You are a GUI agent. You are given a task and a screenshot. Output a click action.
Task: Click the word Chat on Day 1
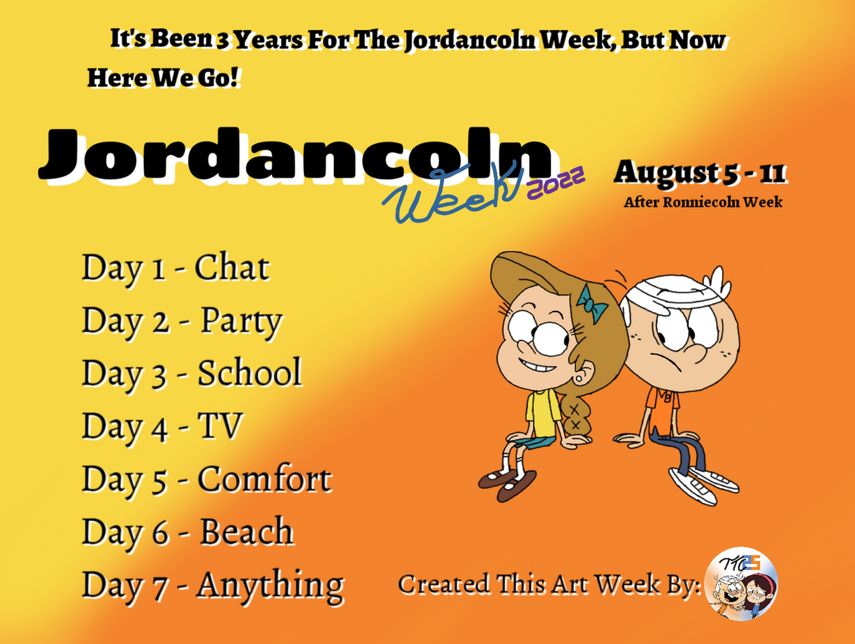[x=232, y=267]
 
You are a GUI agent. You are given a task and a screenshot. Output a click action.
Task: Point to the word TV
[x=220, y=426]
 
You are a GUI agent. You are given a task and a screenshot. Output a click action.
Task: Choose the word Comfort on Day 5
[x=265, y=478]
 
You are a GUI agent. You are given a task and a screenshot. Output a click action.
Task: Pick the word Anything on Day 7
[x=271, y=586]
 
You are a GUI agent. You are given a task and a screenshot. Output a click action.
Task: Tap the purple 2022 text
[x=556, y=182]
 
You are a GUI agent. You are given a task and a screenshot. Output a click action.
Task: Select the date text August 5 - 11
[x=699, y=172]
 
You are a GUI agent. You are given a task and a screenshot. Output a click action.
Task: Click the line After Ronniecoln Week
[x=703, y=202]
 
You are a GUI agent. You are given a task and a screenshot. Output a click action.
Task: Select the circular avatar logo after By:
[x=741, y=583]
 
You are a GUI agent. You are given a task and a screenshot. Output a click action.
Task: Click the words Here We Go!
[x=162, y=78]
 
